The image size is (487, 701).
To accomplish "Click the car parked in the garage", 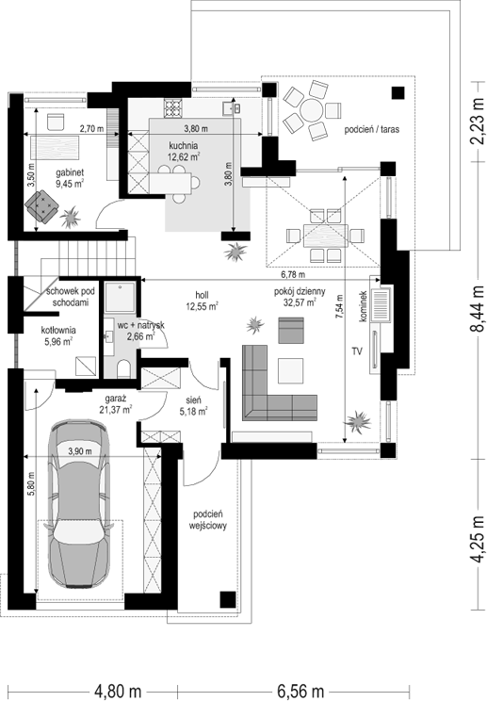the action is coord(79,503).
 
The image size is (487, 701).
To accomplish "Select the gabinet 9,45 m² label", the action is coord(70,177).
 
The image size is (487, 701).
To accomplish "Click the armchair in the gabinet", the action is coord(42,205).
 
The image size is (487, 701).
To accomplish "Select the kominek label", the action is coord(363,306).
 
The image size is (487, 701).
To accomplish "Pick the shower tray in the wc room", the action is coord(120,297).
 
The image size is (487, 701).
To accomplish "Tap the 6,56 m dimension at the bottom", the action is coord(300,691).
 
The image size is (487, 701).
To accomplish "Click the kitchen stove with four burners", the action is coord(174,108).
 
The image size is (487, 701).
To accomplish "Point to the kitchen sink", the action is coord(232,108).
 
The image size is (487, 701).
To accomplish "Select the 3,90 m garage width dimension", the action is coord(79,451).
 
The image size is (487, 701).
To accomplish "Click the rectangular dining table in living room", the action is coord(325,236).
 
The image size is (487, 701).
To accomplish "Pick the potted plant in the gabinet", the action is coord(71,217).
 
